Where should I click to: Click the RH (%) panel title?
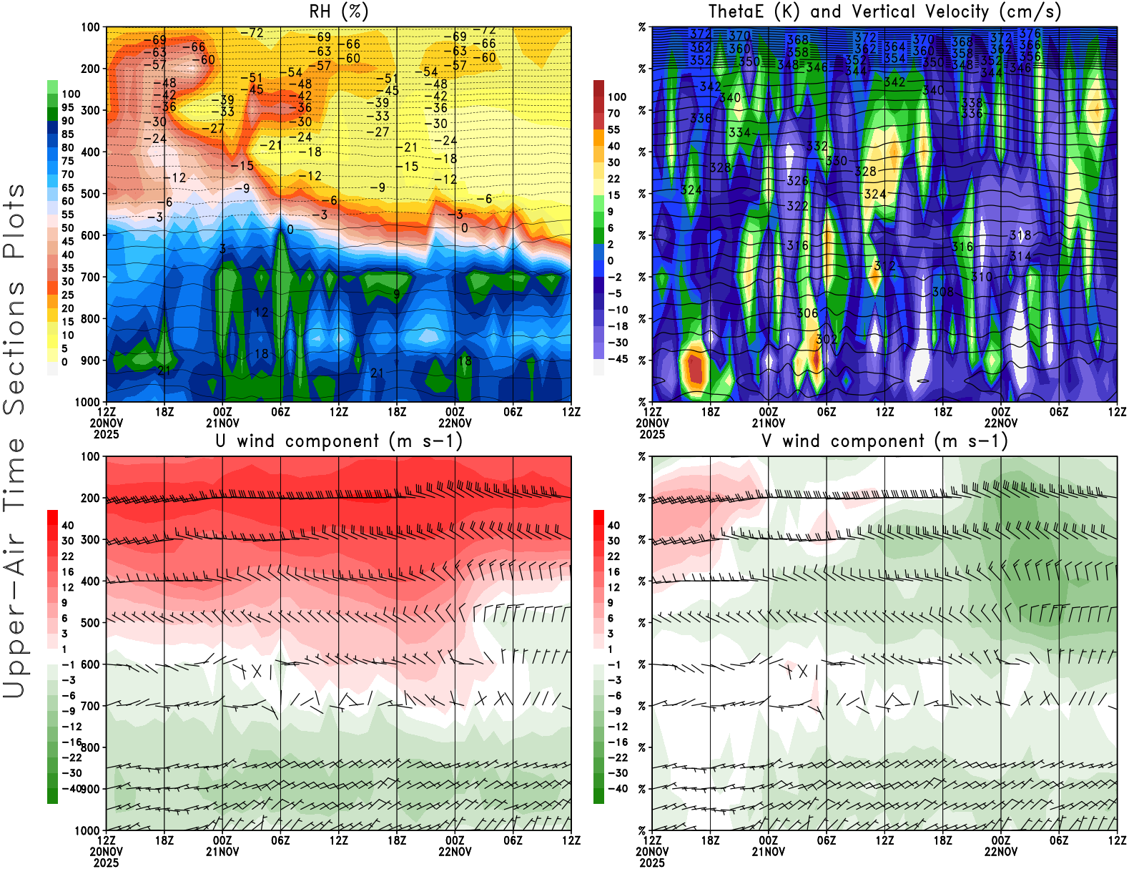[x=338, y=12]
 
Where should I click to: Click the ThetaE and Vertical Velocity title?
[x=884, y=12]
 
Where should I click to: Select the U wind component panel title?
[x=338, y=441]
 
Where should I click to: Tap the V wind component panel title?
[x=884, y=441]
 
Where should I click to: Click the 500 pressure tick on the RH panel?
[x=91, y=194]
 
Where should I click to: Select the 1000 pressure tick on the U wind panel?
[x=88, y=830]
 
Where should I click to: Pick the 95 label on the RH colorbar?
[x=68, y=107]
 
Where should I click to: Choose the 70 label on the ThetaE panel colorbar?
[x=613, y=113]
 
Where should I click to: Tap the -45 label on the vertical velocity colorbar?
[x=617, y=359]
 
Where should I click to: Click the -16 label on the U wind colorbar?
[x=71, y=742]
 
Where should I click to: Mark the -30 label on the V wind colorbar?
[x=617, y=773]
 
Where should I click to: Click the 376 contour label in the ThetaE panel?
[x=1030, y=34]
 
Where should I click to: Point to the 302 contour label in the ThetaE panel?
[x=827, y=339]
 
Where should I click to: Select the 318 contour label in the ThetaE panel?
[x=1020, y=235]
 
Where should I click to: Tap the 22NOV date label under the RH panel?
[x=455, y=423]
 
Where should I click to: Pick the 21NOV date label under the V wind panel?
[x=768, y=852]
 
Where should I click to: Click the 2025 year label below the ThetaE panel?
[x=652, y=434]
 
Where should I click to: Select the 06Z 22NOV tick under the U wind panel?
[x=513, y=840]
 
